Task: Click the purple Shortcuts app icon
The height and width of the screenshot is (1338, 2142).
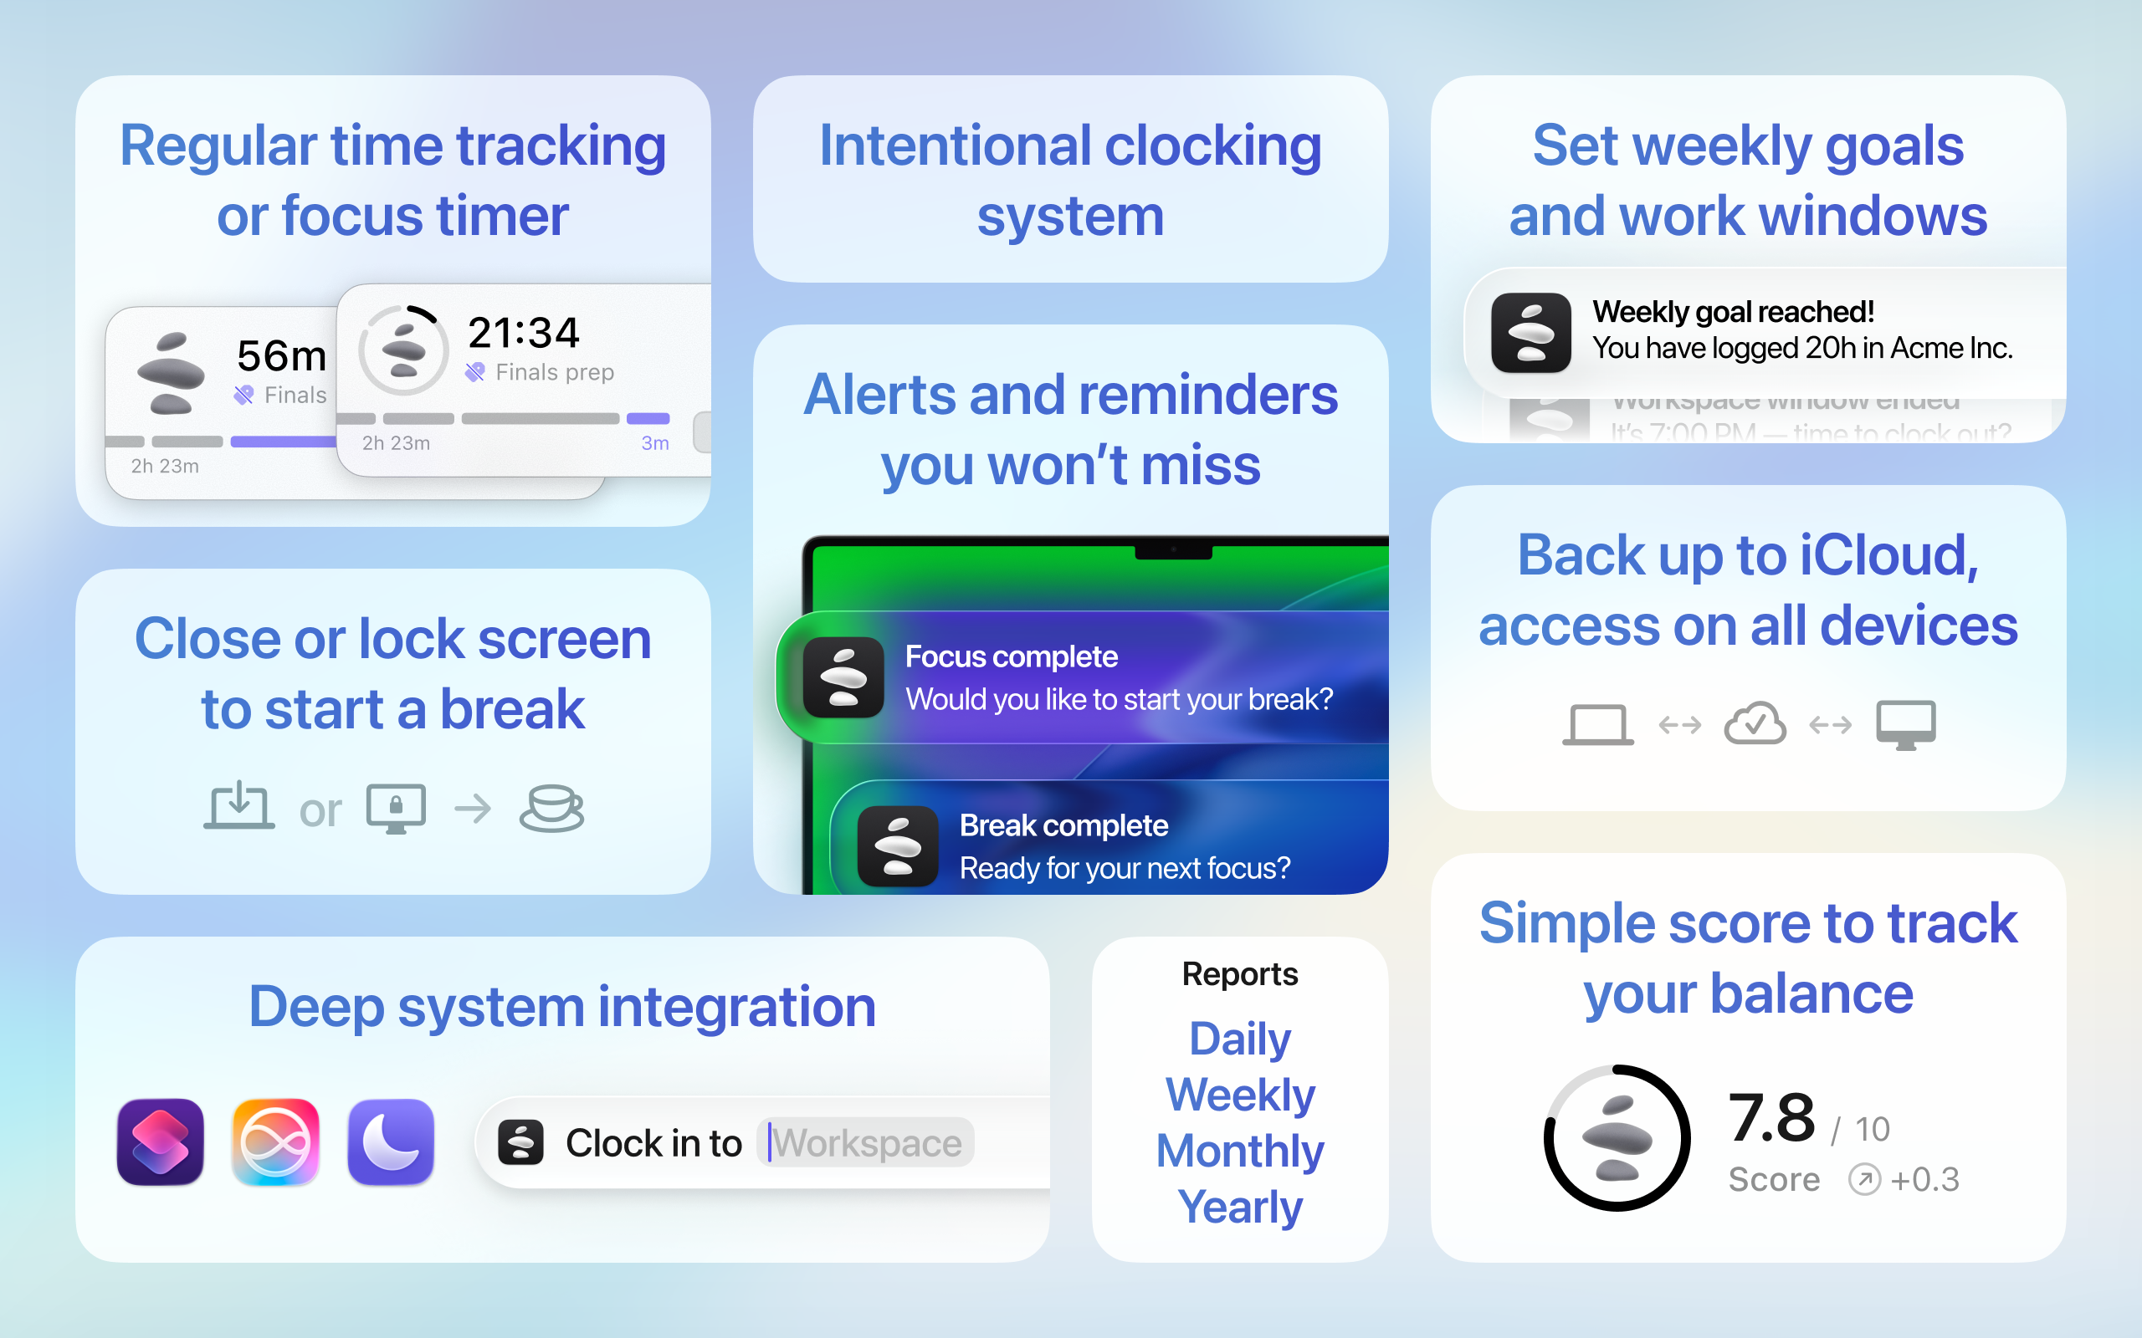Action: click(160, 1141)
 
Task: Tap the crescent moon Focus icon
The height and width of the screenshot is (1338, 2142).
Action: click(391, 1141)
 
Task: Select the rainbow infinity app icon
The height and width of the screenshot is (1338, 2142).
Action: click(275, 1141)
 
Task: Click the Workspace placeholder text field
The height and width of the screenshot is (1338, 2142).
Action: click(866, 1142)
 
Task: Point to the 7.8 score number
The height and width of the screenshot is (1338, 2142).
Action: click(1771, 1118)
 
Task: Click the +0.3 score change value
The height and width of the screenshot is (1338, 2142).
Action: click(1924, 1180)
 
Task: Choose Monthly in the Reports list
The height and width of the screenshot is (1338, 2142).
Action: click(1239, 1151)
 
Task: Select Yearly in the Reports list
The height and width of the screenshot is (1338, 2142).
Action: click(1239, 1207)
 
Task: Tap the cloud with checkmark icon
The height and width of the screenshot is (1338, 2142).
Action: click(1755, 724)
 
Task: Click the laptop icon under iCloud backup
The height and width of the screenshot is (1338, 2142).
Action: click(1597, 725)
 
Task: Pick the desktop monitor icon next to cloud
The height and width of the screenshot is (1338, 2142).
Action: click(1906, 725)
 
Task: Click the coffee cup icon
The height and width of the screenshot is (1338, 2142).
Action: click(551, 808)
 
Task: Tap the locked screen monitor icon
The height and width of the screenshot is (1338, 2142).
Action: click(396, 808)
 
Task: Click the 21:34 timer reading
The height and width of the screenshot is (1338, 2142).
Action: click(523, 333)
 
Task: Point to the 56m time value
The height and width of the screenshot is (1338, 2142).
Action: click(281, 355)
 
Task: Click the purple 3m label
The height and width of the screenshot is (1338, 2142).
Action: click(655, 443)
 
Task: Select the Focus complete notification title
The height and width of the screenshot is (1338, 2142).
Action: click(1011, 656)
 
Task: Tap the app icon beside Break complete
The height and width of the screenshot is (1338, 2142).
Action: click(898, 846)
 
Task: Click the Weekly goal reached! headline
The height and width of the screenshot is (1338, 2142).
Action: click(1732, 311)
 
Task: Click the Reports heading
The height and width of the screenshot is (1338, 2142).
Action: click(1239, 973)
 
